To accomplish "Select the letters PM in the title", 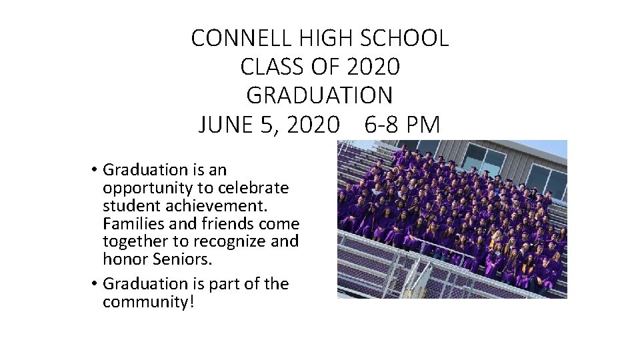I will pyautogui.click(x=424, y=125).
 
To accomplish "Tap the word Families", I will pyautogui.click(x=133, y=223).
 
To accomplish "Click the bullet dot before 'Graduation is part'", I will pyautogui.click(x=96, y=284).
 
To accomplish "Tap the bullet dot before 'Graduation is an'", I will pyautogui.click(x=96, y=170).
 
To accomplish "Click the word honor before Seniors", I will pyautogui.click(x=125, y=259).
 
